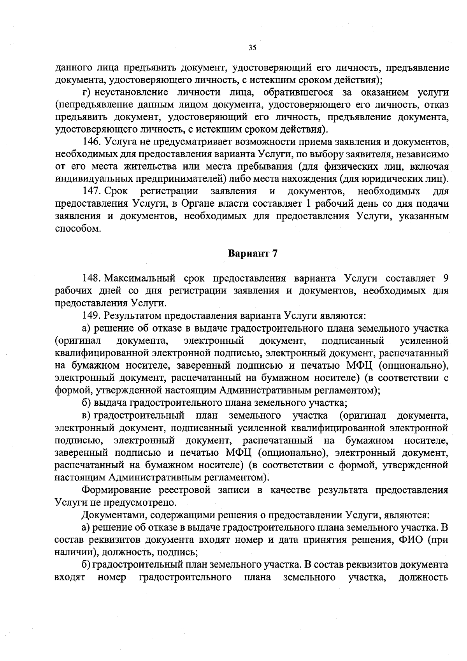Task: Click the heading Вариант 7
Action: pos(252,253)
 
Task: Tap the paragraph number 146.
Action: pos(91,142)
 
